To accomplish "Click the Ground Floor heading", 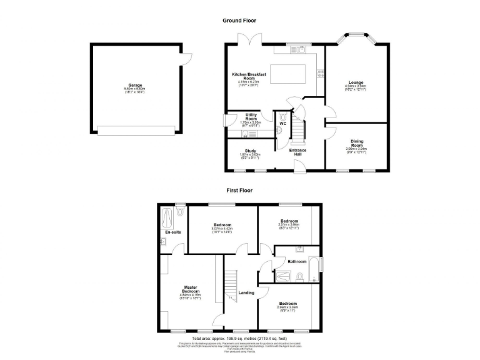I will point(239,21).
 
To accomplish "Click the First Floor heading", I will point(239,190).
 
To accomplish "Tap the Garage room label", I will point(135,85).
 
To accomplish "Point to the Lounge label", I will point(356,82).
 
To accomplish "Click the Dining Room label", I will point(357,142).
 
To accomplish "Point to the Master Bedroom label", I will point(191,290).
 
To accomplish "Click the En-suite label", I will point(172,232).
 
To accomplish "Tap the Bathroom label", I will point(297,261).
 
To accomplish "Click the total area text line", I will point(239,338).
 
